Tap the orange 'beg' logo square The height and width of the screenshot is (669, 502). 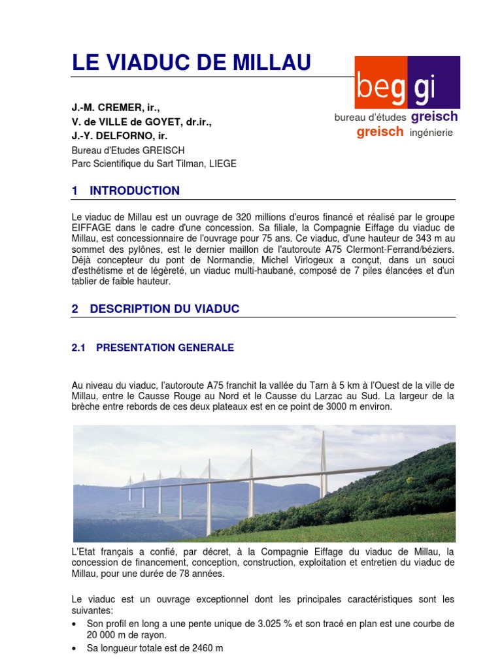(x=380, y=82)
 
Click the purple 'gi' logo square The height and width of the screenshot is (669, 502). (x=434, y=82)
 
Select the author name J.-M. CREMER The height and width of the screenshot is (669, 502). (x=115, y=106)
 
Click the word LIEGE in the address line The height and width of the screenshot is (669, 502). (x=223, y=164)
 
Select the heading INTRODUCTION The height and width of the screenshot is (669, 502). (x=135, y=191)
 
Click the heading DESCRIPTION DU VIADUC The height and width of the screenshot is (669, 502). (x=165, y=309)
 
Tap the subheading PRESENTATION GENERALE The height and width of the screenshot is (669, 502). (x=165, y=348)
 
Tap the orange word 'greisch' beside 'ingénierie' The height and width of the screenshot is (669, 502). (x=380, y=132)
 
